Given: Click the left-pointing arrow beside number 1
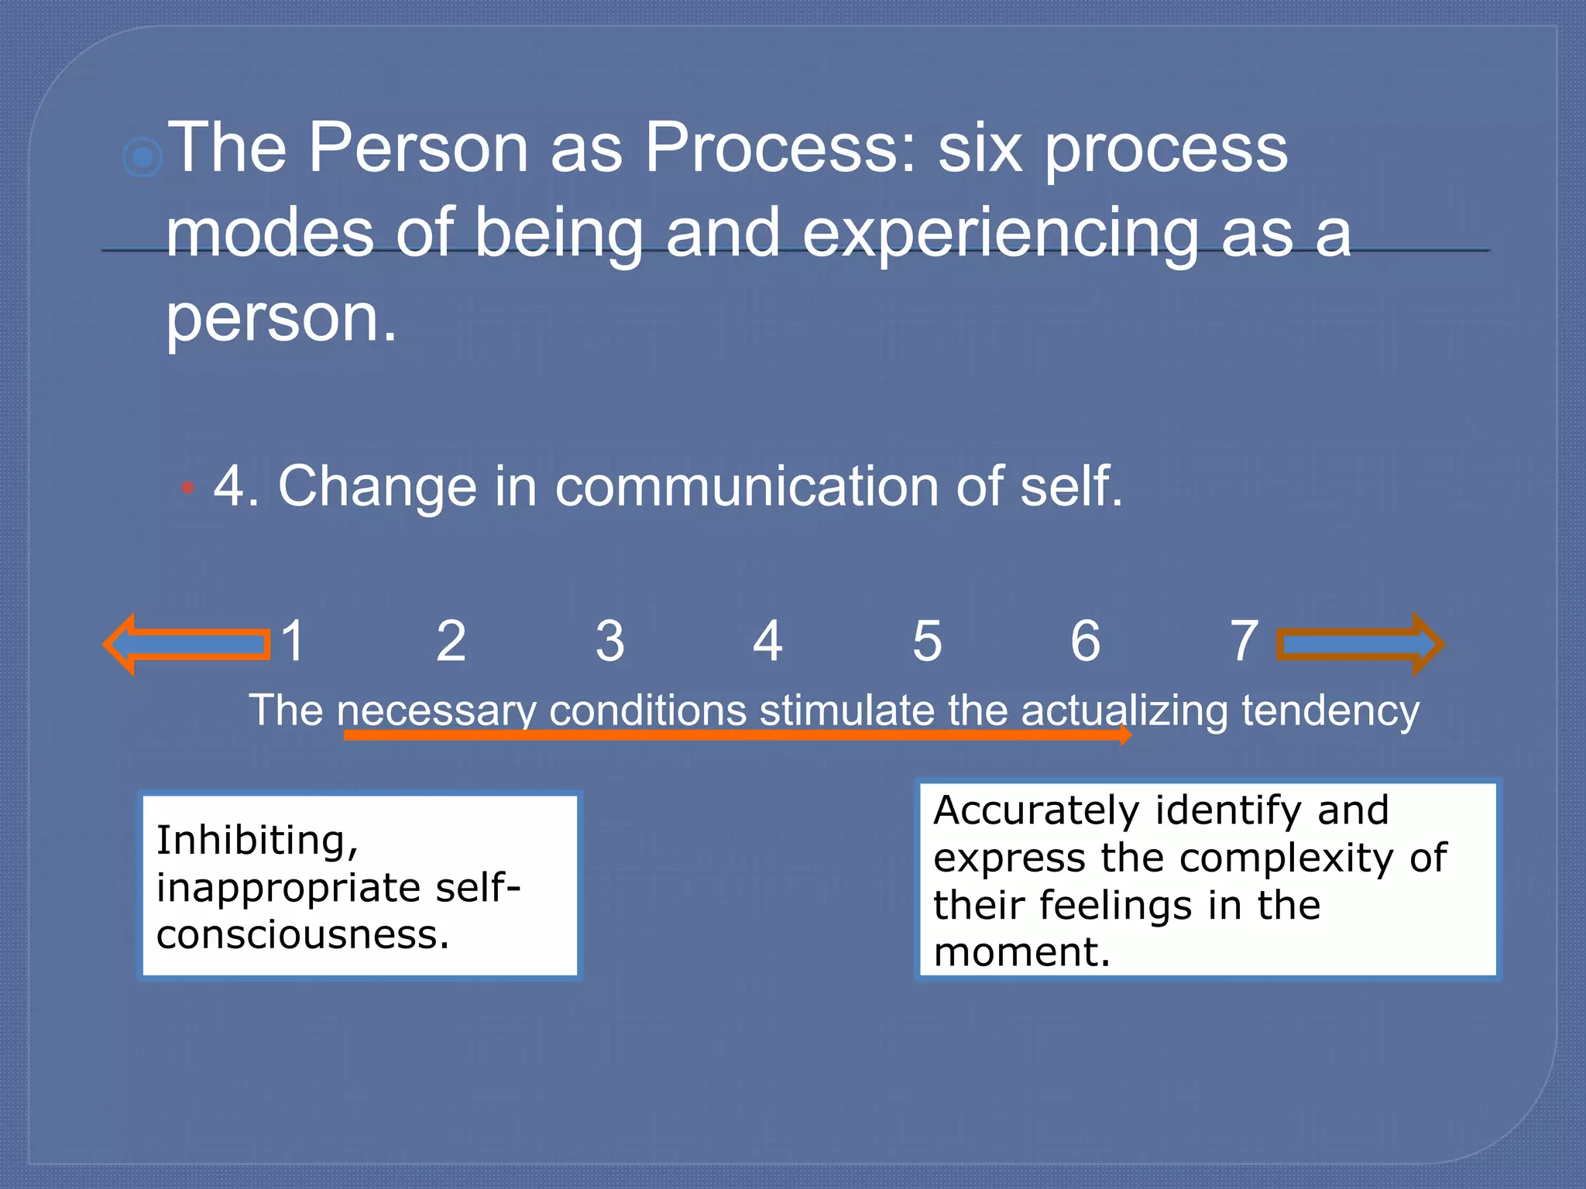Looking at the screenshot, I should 186,644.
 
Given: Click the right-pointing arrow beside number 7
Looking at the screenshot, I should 1359,644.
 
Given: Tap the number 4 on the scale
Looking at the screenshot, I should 767,641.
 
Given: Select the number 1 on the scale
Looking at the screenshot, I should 293,641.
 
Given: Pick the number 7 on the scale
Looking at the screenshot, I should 1244,641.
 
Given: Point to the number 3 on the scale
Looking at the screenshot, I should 609,641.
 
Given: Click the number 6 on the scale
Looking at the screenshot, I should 1085,641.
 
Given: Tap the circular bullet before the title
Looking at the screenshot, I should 142,158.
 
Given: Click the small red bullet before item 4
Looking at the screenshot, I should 187,488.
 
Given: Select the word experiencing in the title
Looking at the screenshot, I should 1000,234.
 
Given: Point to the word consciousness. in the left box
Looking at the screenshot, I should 302,934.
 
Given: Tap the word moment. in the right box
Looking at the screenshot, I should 1021,952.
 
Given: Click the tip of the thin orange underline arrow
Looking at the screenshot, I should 1129,735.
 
